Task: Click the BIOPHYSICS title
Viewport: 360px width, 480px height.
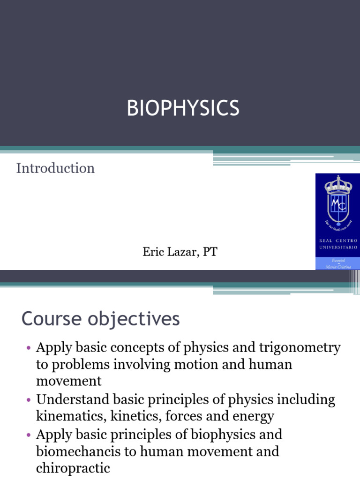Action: tap(183, 108)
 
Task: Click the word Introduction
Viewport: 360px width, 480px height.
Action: tap(55, 168)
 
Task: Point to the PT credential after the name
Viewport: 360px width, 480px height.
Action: tap(210, 253)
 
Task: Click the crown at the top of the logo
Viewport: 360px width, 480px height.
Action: tap(338, 186)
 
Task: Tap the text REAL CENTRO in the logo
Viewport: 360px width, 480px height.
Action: tap(338, 240)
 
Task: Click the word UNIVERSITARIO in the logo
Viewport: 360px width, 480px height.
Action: tap(338, 247)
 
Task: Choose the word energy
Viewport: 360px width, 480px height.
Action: tap(250, 416)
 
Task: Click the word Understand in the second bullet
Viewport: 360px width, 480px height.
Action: tap(73, 399)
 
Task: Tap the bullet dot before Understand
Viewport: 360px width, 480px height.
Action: tap(28, 400)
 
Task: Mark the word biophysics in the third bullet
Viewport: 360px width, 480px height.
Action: tap(219, 435)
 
